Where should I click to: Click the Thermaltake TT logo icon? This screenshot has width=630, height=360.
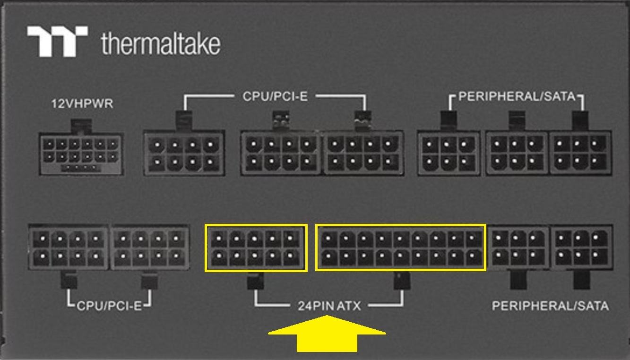click(x=57, y=42)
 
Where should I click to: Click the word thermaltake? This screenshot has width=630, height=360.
click(x=161, y=43)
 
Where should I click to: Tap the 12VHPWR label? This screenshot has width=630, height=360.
click(x=82, y=103)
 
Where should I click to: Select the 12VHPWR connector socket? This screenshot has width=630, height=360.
click(x=80, y=154)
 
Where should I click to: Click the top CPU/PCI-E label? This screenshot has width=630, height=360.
click(x=275, y=96)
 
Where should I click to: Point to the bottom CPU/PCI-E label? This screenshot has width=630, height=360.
click(x=109, y=306)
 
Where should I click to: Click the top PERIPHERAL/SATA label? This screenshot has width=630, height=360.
click(x=517, y=97)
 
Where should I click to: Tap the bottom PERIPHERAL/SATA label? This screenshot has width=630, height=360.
click(x=550, y=306)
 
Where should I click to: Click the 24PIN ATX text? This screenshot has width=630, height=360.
click(x=329, y=306)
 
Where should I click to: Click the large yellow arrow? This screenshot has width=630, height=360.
click(x=327, y=334)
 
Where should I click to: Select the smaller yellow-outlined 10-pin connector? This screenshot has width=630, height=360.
click(x=256, y=248)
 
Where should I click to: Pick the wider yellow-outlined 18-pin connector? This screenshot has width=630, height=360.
click(x=401, y=248)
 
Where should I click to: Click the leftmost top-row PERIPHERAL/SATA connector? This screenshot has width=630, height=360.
click(x=449, y=154)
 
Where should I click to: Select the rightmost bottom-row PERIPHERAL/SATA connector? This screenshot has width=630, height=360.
click(x=582, y=248)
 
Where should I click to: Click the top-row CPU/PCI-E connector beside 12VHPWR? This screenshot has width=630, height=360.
click(x=184, y=154)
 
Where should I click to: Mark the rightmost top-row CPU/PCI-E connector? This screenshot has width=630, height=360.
click(x=363, y=154)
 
